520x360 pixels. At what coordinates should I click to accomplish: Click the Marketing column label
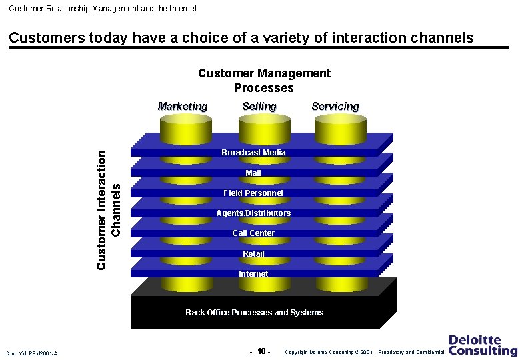[x=182, y=107]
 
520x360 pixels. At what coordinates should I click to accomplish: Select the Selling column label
[x=259, y=107]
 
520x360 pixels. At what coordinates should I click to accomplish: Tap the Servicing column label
[x=335, y=107]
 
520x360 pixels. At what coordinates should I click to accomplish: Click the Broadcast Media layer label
[x=253, y=153]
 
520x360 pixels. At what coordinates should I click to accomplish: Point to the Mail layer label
[x=253, y=173]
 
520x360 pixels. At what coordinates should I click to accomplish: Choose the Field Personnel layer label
[x=253, y=193]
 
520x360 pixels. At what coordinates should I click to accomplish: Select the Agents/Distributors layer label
[x=253, y=213]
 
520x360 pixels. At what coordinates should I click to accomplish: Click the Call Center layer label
[x=253, y=233]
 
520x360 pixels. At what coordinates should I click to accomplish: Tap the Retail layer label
[x=253, y=254]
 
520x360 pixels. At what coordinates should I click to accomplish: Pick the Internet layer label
[x=253, y=274]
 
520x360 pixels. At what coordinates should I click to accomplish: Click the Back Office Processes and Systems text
[x=254, y=313]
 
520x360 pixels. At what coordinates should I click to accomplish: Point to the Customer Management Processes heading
[x=264, y=81]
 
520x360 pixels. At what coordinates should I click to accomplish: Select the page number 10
[x=262, y=351]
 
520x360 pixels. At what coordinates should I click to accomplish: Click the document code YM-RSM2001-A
[x=31, y=353]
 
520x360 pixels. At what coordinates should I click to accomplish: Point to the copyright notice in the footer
[x=364, y=352]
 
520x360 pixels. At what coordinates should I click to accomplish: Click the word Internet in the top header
[x=180, y=9]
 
